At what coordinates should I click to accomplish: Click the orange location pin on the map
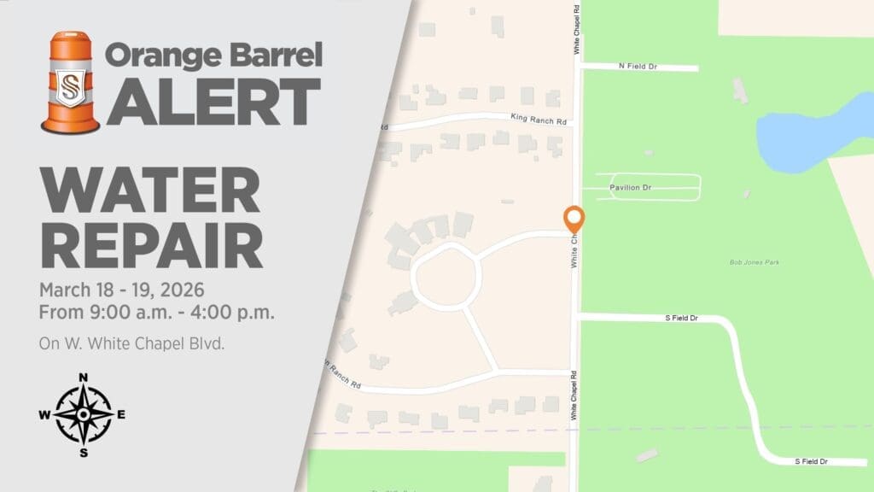click(x=574, y=218)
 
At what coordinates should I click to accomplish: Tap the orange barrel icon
click(x=70, y=83)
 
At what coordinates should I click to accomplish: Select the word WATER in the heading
click(x=149, y=191)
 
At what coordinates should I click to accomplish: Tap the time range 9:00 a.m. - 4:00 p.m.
click(x=157, y=312)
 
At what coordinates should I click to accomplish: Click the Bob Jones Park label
click(x=755, y=262)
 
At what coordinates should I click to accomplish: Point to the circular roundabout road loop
click(x=446, y=275)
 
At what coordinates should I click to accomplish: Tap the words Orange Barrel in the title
click(x=213, y=56)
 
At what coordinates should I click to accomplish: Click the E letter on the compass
click(x=121, y=415)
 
